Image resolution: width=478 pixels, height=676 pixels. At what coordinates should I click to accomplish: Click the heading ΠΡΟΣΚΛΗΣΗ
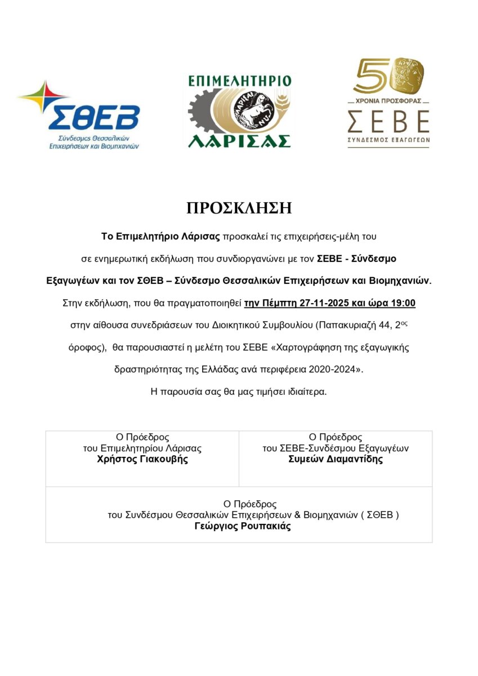(239, 208)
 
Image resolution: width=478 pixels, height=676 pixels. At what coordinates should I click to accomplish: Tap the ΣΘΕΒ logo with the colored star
(79, 115)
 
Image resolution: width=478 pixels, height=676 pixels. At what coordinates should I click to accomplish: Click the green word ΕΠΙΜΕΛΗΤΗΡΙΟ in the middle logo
(240, 80)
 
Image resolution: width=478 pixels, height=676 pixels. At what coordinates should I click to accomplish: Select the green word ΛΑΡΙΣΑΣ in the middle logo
(239, 140)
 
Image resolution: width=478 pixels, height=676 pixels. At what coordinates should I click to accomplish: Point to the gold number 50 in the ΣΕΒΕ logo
(380, 76)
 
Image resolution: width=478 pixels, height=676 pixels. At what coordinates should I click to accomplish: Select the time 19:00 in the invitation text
(403, 303)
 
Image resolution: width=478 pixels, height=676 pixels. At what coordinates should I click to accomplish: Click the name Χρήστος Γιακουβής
(142, 459)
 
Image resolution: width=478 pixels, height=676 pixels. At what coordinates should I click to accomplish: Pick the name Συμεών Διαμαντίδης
(336, 459)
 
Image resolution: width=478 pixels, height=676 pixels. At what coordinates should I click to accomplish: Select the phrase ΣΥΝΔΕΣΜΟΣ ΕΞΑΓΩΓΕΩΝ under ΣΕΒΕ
(388, 140)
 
